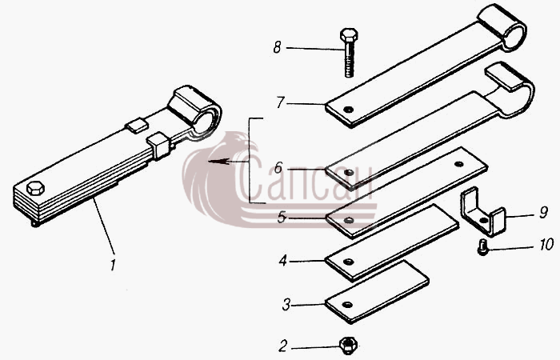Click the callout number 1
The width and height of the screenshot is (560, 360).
(x=113, y=266)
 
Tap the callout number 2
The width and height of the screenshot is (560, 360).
(x=283, y=346)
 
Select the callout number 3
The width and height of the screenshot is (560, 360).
(x=286, y=306)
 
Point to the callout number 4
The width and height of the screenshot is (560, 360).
(x=283, y=261)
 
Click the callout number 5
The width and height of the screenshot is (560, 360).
(x=282, y=217)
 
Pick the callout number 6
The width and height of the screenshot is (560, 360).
(x=278, y=167)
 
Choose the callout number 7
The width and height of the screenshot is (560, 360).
(x=280, y=102)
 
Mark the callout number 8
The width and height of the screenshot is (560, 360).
(x=277, y=47)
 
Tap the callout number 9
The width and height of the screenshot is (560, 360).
(x=543, y=213)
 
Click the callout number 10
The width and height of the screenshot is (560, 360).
(x=546, y=245)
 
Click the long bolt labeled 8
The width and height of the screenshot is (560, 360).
(x=349, y=52)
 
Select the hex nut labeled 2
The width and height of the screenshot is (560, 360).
(x=348, y=345)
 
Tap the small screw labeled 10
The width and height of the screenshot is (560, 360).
(x=482, y=248)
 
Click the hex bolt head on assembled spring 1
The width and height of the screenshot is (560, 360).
(x=35, y=188)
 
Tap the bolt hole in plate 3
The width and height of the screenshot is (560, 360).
(x=346, y=305)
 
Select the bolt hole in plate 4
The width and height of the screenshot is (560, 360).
(x=348, y=262)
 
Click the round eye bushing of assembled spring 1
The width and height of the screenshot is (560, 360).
(x=196, y=110)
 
